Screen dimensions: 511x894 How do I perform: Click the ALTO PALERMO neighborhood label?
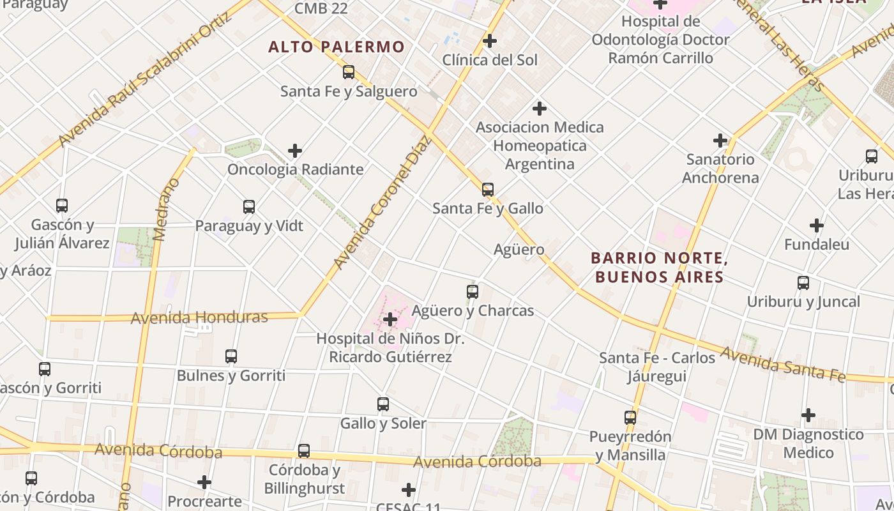337,47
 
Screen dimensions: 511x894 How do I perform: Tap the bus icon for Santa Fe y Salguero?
348,72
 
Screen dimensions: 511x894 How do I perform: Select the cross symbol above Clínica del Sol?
490,41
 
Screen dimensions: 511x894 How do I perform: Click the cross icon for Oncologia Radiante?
295,151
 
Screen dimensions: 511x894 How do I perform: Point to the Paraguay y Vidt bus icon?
249,207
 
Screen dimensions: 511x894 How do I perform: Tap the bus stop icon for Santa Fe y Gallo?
488,190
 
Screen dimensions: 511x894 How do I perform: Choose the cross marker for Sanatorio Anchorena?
720,141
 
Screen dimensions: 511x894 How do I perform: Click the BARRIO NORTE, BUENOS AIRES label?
659,268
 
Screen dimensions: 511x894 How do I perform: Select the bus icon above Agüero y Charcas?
473,292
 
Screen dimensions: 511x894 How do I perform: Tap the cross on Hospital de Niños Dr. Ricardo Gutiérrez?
390,319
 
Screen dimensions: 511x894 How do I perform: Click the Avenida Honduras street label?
199,317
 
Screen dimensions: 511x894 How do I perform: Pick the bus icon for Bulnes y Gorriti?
231,356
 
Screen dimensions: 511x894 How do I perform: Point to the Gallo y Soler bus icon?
383,404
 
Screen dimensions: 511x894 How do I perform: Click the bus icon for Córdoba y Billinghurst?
304,451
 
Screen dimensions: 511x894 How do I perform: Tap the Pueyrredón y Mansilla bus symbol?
630,418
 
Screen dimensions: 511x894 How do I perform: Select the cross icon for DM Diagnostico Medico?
808,415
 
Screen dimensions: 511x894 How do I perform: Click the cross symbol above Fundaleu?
817,225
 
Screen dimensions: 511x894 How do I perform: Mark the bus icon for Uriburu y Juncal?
803,283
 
